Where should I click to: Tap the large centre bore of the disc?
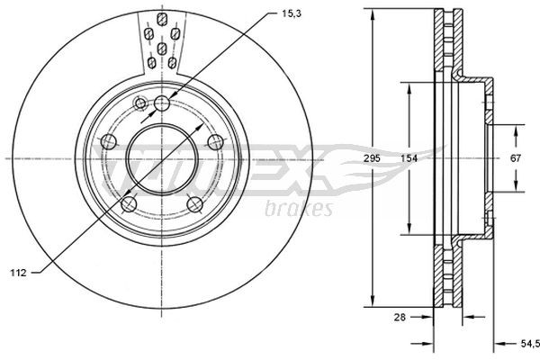click(162, 158)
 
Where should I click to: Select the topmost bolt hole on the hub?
click(162, 103)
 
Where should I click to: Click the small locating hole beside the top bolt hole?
click(139, 104)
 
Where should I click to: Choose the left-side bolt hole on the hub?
click(109, 141)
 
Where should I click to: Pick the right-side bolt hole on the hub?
click(215, 141)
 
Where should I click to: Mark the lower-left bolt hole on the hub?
click(129, 203)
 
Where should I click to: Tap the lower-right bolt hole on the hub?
click(195, 203)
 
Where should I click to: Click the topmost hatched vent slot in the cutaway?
click(161, 19)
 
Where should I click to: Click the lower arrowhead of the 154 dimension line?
click(409, 229)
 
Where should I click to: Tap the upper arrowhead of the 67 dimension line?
click(517, 130)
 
